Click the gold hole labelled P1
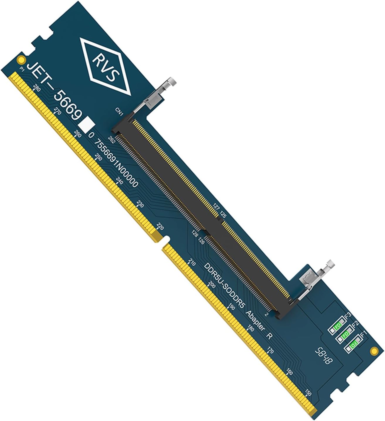[x=21, y=60]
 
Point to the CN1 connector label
[x=119, y=112]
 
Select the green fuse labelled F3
[x=337, y=325]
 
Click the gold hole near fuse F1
[x=374, y=351]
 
